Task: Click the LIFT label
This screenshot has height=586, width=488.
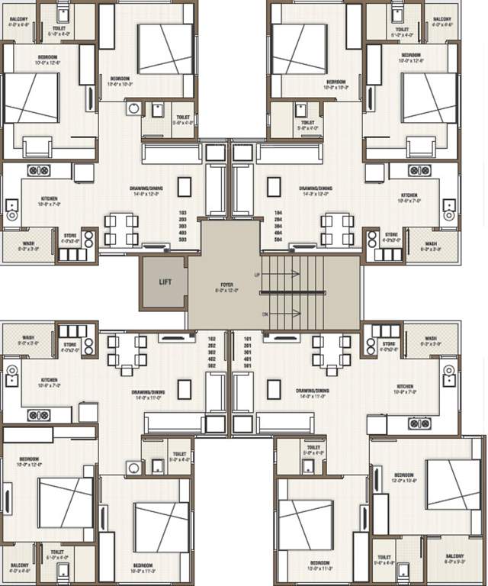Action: (165, 282)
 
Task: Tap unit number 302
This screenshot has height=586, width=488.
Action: (213, 350)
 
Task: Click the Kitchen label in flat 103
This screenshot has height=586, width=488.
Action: (50, 198)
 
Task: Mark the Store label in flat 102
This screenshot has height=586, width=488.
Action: (71, 345)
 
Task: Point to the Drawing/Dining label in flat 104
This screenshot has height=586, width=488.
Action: (315, 188)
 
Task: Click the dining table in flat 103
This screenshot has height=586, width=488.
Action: (120, 230)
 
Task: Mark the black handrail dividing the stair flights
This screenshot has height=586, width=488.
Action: (310, 293)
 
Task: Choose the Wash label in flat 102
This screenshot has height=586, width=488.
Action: (28, 340)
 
